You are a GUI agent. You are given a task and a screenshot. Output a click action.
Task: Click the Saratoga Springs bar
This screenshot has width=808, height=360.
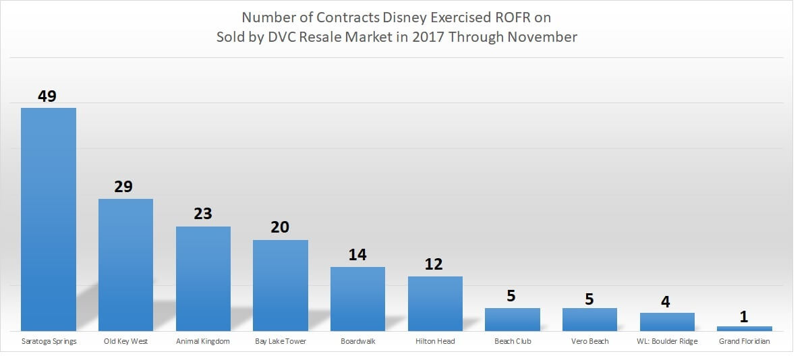[x=49, y=219]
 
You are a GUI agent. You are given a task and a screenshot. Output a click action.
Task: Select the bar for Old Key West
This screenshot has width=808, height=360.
[x=125, y=264]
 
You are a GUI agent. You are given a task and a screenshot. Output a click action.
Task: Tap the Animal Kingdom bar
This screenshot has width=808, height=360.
[x=203, y=278]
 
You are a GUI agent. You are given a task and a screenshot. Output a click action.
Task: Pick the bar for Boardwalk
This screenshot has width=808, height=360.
[x=357, y=299]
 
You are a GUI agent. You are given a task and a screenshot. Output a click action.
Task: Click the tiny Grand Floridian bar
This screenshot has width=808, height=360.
[x=744, y=328]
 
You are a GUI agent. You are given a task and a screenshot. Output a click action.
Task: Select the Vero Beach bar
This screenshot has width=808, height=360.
[x=589, y=319]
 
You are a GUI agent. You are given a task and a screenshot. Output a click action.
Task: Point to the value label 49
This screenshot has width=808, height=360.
[x=47, y=96]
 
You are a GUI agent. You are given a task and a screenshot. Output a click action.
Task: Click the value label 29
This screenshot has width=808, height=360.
[x=123, y=187]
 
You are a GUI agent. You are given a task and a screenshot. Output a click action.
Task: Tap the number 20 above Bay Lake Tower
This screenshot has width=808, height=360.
[x=280, y=227]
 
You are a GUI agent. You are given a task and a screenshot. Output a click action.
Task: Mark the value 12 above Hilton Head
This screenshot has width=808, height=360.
[x=434, y=264]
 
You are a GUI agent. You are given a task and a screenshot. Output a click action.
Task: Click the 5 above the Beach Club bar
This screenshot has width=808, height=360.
[x=512, y=296]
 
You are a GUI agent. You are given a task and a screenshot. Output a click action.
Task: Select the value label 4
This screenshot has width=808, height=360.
[x=666, y=301]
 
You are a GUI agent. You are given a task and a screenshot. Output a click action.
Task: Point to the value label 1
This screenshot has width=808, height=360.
[x=744, y=317]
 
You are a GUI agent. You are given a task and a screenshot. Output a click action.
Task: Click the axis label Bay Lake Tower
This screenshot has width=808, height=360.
[x=280, y=341]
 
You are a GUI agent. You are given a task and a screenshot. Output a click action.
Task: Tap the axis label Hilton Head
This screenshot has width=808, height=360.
[x=435, y=341]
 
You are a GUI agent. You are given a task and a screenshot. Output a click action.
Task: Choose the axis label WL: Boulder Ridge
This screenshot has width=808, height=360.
[x=667, y=341]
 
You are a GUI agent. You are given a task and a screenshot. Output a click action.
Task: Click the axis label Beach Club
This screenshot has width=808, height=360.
[x=513, y=341]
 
